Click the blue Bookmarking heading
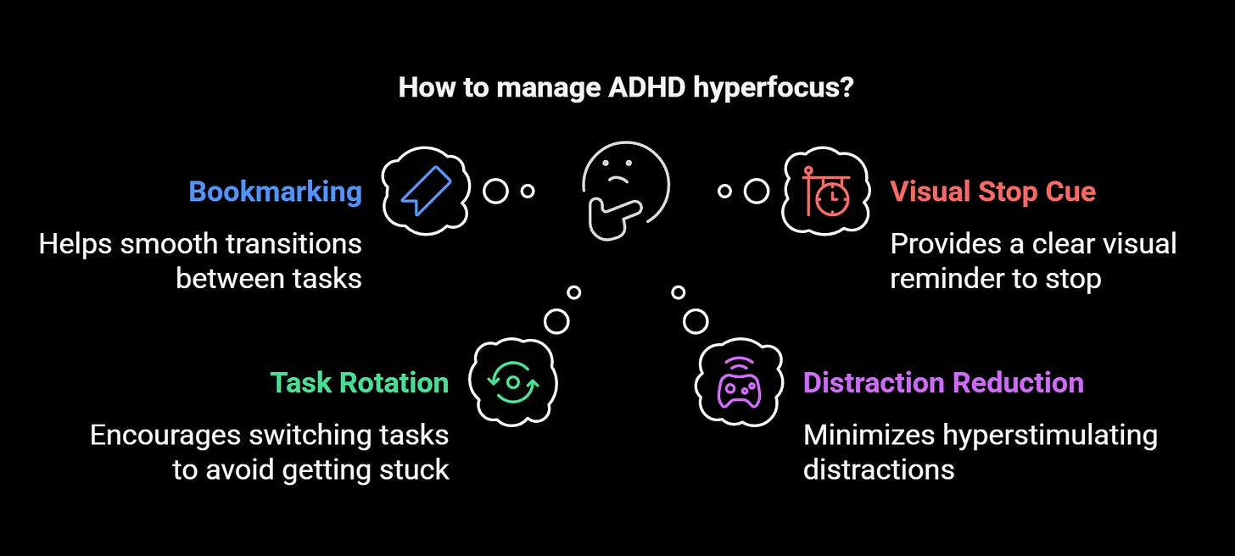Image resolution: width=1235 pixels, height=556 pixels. coord(275,192)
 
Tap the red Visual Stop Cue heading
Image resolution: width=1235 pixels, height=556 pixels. coord(992,192)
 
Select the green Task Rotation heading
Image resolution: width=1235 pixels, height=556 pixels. coord(359,382)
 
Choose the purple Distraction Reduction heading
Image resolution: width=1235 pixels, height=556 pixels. coord(943,382)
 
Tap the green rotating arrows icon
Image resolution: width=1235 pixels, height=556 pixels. coord(512,382)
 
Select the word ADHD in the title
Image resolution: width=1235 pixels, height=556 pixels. coord(642,88)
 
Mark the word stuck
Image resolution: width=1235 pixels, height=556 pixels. coord(415,469)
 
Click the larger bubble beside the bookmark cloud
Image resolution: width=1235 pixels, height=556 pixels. coord(495,192)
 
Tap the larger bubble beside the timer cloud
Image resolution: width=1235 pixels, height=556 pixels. coord(756,192)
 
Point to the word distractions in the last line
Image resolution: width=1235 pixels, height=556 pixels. coord(879,469)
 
